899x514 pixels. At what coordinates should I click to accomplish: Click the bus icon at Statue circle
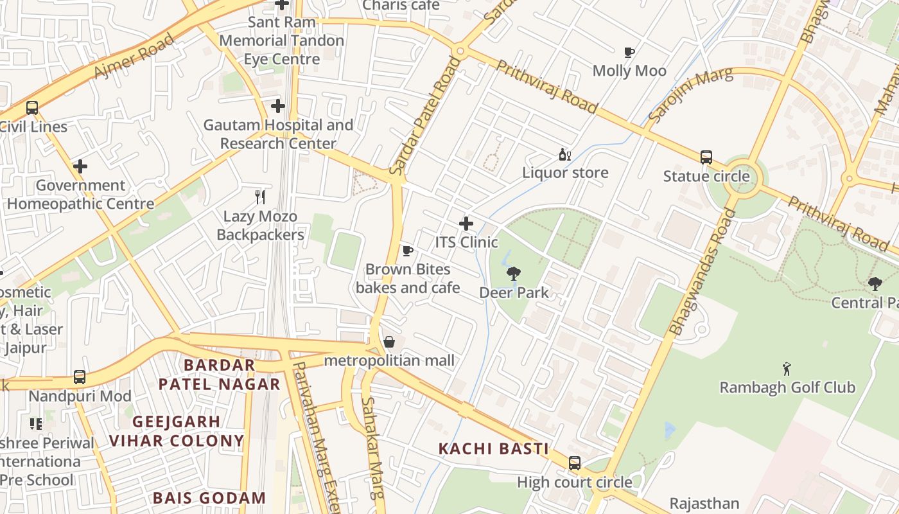[706, 157]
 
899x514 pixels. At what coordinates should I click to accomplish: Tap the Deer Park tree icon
[513, 274]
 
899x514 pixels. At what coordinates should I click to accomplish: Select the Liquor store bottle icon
[564, 154]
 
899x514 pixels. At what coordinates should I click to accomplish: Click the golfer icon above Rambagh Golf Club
[787, 369]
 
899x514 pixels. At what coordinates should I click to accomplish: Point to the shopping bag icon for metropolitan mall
[388, 342]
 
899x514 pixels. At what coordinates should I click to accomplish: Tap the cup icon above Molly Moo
[629, 52]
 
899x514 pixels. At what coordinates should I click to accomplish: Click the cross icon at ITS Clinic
[466, 224]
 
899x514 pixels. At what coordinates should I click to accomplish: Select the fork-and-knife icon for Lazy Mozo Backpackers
[259, 197]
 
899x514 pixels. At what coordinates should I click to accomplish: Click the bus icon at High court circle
[574, 463]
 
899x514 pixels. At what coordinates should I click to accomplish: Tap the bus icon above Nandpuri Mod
[79, 377]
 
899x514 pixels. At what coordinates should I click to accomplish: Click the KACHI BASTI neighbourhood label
[493, 448]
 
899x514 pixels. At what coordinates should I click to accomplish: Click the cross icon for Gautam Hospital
[277, 105]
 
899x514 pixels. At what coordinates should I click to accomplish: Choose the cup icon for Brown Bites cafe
[407, 251]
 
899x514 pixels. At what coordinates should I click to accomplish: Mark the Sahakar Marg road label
[372, 447]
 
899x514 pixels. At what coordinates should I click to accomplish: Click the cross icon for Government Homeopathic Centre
[80, 166]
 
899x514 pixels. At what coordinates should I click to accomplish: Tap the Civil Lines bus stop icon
[31, 108]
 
